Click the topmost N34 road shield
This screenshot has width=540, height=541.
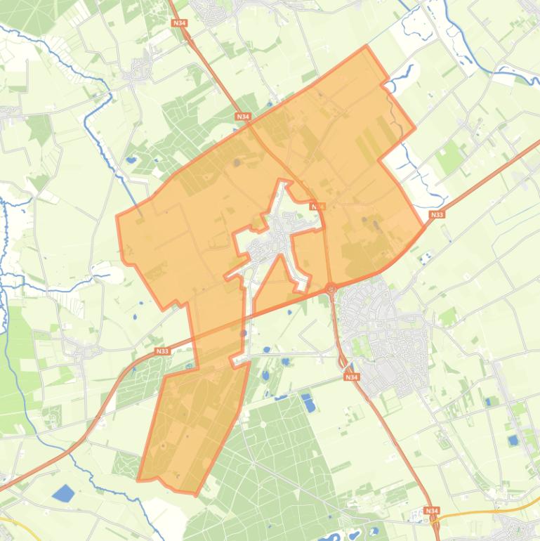pyautogui.click(x=180, y=23)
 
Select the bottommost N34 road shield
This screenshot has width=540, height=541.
pyautogui.click(x=431, y=511)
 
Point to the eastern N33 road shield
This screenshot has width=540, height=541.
pyautogui.click(x=437, y=215)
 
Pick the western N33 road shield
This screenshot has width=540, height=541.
pyautogui.click(x=162, y=351)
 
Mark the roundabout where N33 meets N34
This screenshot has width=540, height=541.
pyautogui.click(x=331, y=287)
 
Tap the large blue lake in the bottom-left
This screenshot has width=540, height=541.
pyautogui.click(x=63, y=493)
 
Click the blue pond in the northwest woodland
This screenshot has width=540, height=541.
pyautogui.click(x=131, y=160)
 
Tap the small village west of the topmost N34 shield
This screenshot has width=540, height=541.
pyautogui.click(x=140, y=70)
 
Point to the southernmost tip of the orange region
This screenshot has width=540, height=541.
pyautogui.click(x=195, y=494)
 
